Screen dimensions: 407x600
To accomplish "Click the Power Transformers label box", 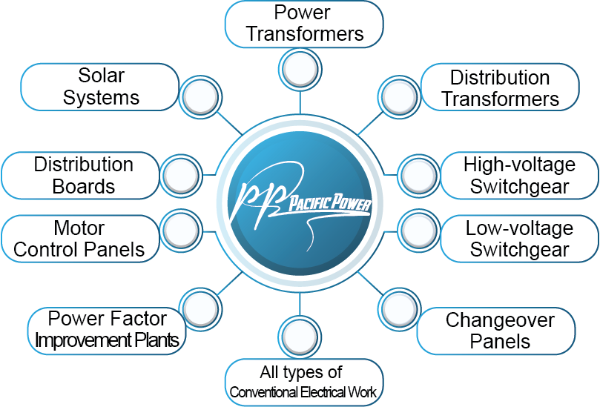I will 304,23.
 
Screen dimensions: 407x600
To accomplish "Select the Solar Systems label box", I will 100,87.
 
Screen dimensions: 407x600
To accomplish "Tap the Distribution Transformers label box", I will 500,87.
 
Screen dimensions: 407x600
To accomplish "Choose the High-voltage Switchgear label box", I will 518,175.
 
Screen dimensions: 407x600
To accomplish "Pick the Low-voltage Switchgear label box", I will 518,239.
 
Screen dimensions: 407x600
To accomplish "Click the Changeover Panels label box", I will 499,331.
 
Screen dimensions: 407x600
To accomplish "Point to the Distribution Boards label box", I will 82,175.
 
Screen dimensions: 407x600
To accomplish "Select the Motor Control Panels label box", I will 79,239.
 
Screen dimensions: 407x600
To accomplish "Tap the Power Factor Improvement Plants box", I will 107,330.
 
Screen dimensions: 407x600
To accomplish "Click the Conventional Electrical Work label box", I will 304,382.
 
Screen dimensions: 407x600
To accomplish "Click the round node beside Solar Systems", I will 200,96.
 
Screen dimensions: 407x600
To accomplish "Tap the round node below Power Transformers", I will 300,69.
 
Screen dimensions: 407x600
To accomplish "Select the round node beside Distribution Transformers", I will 400,97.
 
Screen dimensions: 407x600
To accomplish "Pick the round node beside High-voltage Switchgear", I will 419,175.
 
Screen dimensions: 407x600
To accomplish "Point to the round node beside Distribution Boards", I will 181,175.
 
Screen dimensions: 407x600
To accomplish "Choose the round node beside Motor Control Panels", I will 181,231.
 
